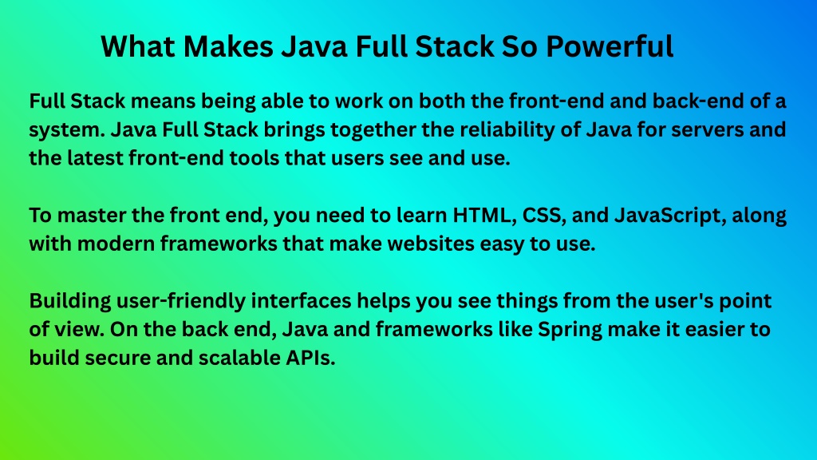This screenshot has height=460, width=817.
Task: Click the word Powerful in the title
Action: [610, 46]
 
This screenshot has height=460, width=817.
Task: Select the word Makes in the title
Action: [228, 46]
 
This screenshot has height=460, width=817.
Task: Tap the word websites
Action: [431, 244]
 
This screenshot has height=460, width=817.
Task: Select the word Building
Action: [70, 301]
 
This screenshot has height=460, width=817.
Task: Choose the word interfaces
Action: [301, 301]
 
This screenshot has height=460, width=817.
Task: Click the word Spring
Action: [570, 330]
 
